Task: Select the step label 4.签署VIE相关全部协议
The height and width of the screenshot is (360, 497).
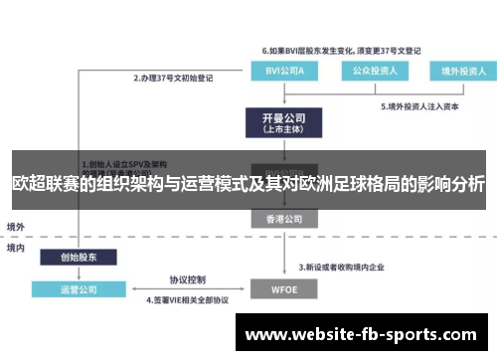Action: coord(188,299)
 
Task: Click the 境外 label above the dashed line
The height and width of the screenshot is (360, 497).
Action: coord(17,226)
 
